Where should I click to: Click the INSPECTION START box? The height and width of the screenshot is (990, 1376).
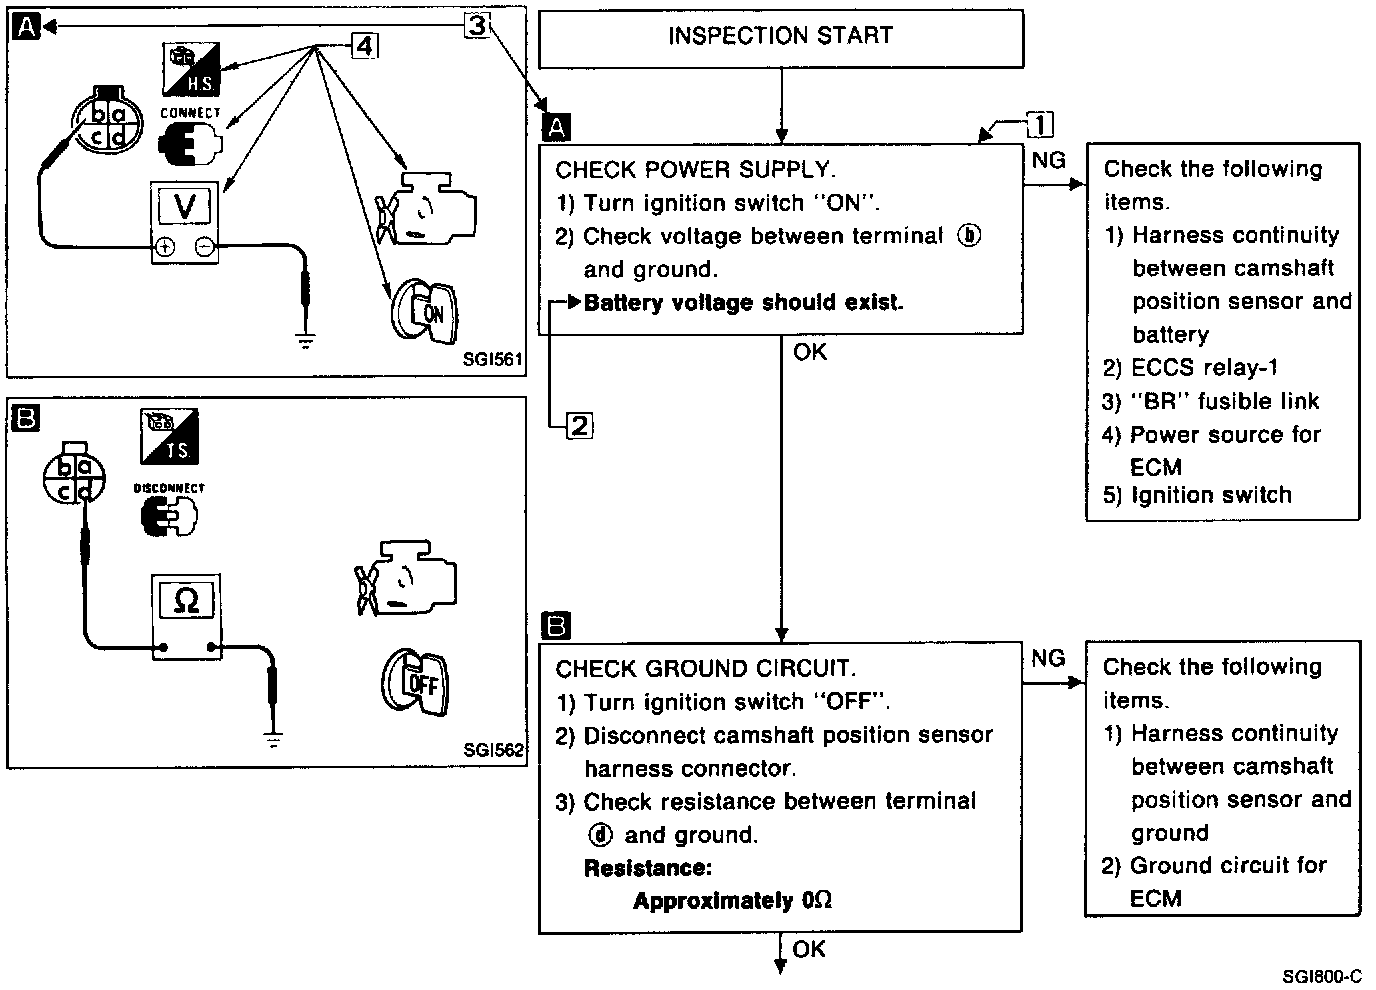781,37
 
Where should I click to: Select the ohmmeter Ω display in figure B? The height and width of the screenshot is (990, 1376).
186,601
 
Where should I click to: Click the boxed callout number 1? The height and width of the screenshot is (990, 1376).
1040,124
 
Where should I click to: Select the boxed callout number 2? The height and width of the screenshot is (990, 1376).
580,426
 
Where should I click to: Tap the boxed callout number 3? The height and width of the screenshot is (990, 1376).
477,25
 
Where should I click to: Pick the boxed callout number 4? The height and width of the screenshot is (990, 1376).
364,46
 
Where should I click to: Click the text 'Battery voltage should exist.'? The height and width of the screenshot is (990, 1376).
743,302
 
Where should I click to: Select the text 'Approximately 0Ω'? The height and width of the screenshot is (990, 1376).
732,900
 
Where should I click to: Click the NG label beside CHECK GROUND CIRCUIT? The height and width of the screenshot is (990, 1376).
1048,658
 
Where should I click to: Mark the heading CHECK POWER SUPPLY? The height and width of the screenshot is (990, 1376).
696,169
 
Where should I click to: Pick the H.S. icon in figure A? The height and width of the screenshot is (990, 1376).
191,68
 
